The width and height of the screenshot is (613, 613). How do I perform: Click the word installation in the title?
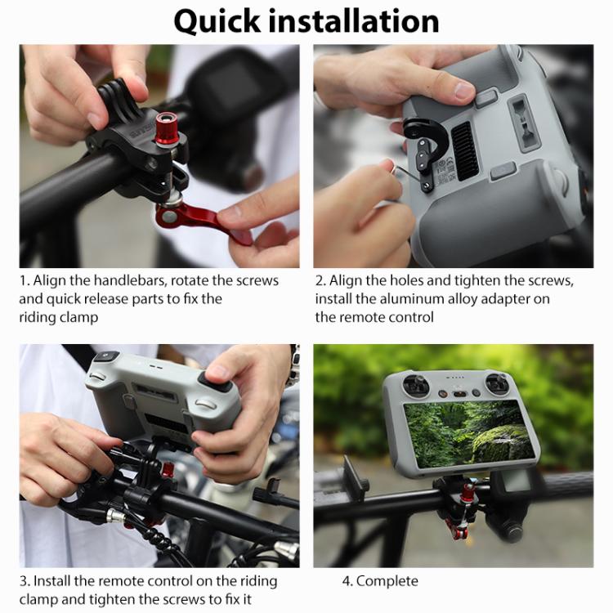363,20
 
